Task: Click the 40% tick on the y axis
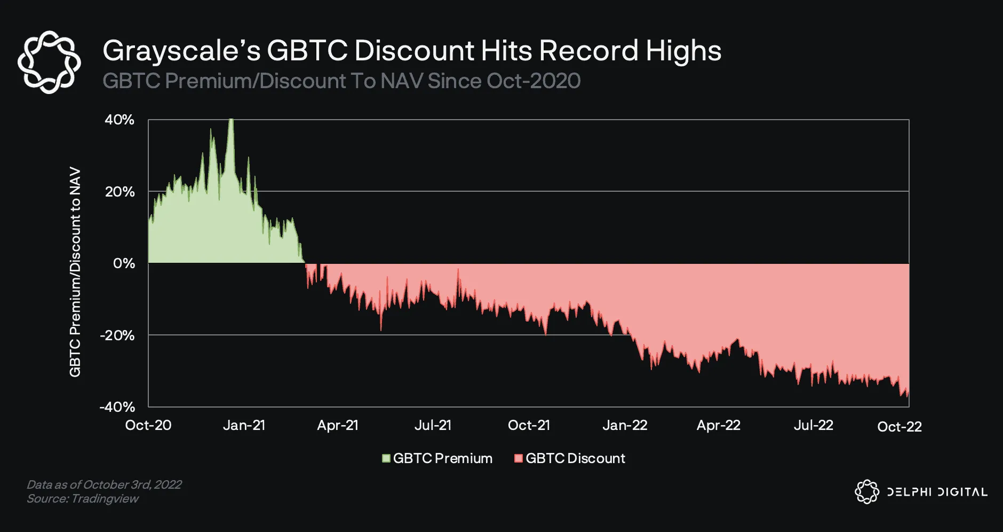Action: (119, 120)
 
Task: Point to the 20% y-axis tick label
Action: (120, 192)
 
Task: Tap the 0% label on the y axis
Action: (124, 263)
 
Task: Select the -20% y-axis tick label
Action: (117, 335)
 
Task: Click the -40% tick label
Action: (117, 407)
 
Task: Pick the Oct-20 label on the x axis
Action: (148, 425)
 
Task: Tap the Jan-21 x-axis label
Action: (244, 425)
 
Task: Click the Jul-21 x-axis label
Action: (433, 425)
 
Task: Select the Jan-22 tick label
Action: (625, 425)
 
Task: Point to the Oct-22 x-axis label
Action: (899, 426)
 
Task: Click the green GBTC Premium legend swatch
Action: (386, 458)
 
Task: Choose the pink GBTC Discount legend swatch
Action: (518, 458)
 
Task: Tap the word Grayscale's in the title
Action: (181, 51)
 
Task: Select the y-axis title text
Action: (75, 272)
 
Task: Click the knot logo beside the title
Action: (49, 62)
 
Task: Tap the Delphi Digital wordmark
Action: (937, 492)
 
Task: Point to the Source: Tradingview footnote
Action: (83, 499)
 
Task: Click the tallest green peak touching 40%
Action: (231, 122)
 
